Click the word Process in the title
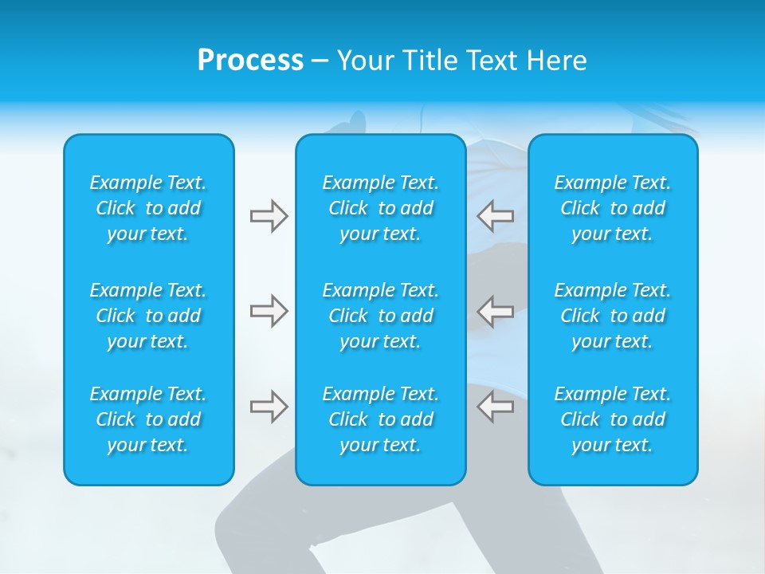click(250, 61)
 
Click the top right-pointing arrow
click(269, 216)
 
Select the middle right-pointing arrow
click(269, 311)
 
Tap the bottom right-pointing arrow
click(269, 407)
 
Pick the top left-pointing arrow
click(496, 216)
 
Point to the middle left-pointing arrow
click(496, 311)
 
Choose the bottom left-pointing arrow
click(496, 407)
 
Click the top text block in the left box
click(148, 208)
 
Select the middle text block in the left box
click(148, 316)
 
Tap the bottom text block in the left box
click(148, 419)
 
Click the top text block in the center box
click(381, 208)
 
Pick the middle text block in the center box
click(381, 316)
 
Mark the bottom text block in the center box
click(381, 419)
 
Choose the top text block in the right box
click(613, 208)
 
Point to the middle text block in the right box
click(613, 316)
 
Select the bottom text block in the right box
click(613, 419)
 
